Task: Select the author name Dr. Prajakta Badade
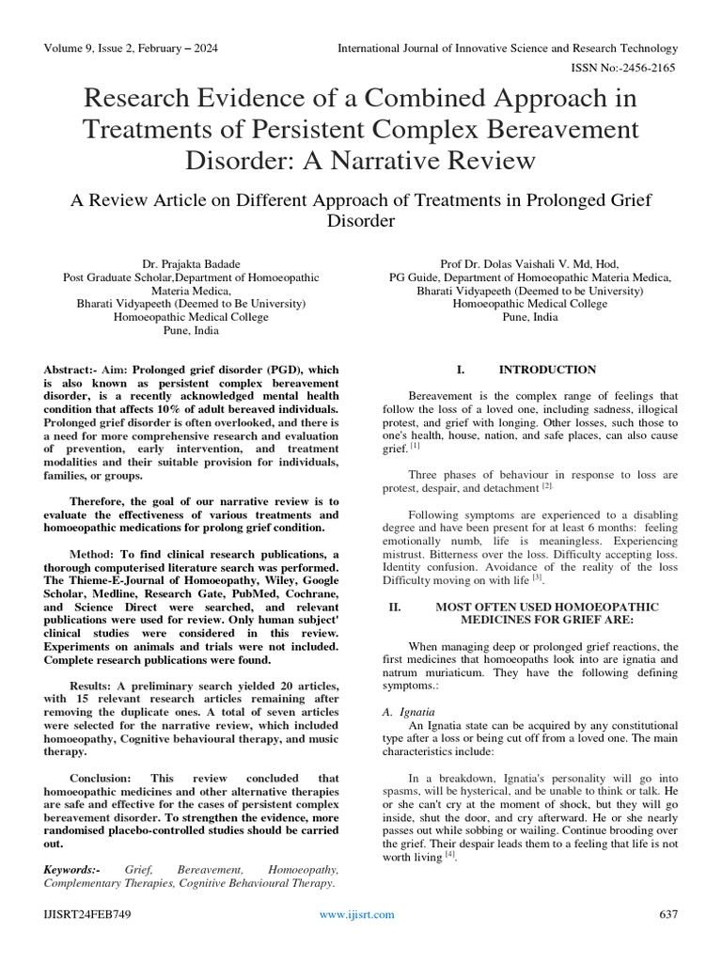(x=191, y=264)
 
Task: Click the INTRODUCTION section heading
(x=547, y=370)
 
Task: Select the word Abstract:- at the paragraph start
(x=75, y=370)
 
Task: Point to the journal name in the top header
(x=508, y=48)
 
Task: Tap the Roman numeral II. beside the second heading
(x=395, y=608)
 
